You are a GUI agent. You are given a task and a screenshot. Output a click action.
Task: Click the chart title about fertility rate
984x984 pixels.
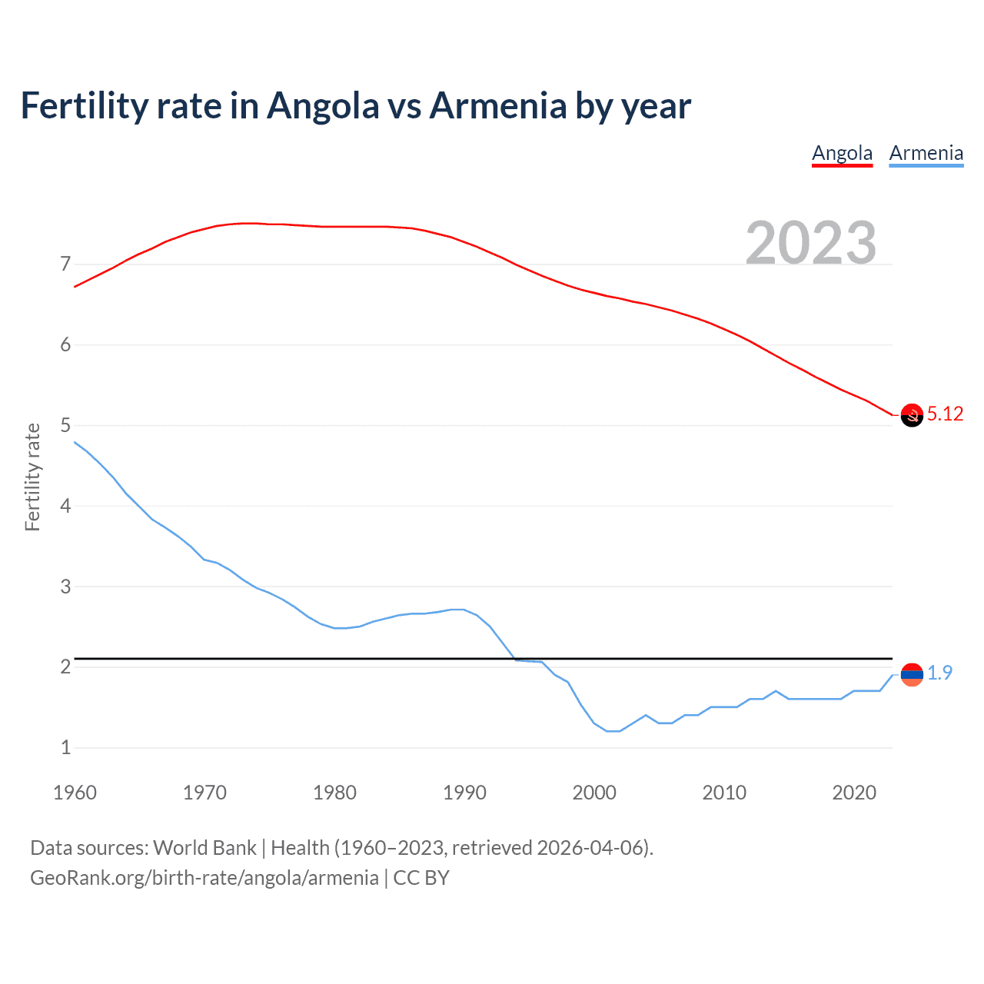click(355, 106)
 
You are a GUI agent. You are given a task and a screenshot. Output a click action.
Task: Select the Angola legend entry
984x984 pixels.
click(842, 153)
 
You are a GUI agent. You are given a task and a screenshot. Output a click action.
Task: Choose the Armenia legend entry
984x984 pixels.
click(926, 153)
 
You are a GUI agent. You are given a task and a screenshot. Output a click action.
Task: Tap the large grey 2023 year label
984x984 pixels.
click(810, 243)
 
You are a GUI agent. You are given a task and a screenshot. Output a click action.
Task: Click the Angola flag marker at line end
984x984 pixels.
click(911, 415)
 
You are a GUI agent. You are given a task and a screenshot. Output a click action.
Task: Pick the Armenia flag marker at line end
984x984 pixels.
click(911, 674)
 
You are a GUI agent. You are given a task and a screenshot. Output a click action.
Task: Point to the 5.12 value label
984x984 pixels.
click(945, 414)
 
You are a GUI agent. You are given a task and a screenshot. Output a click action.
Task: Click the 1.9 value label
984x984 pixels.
click(939, 673)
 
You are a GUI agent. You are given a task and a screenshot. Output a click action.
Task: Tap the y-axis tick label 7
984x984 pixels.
click(65, 264)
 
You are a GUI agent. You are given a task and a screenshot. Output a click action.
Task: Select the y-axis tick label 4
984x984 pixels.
click(65, 506)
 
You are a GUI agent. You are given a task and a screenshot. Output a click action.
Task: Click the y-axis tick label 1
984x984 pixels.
click(65, 747)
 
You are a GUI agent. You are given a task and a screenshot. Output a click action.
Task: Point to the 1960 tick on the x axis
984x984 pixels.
click(75, 793)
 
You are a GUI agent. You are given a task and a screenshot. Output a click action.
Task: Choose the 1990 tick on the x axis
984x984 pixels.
click(464, 793)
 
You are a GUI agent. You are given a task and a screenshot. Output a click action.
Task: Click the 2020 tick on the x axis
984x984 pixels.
click(854, 793)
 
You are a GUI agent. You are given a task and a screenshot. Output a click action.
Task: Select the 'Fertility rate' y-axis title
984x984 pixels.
click(32, 477)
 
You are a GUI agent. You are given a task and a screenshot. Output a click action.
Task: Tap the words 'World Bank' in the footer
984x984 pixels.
click(204, 848)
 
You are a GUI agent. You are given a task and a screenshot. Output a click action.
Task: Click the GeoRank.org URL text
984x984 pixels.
click(204, 878)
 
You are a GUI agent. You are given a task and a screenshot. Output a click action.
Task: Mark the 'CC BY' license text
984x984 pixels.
click(421, 878)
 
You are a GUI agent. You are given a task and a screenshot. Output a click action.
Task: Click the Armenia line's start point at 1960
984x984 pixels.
click(75, 442)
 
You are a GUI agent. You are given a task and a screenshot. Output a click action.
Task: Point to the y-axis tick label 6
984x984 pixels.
click(65, 345)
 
